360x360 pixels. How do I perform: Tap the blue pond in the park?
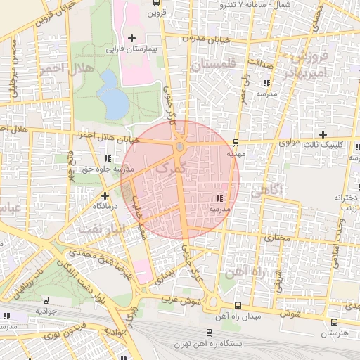115,96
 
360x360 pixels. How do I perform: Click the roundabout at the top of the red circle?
180,146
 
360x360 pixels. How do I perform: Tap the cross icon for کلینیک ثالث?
323,134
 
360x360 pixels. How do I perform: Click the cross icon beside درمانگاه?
105,195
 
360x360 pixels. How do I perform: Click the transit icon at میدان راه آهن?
238,305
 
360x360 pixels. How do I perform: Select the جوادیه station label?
46,310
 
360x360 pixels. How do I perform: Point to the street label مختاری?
276,238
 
